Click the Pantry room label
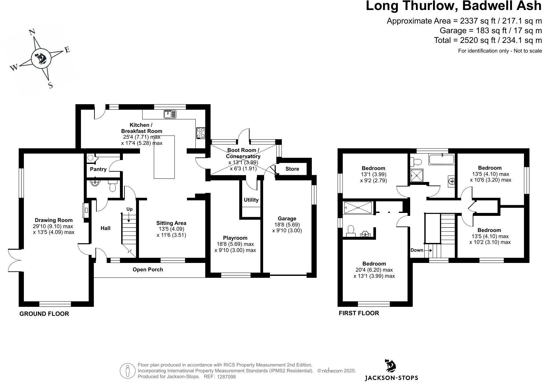(98, 169)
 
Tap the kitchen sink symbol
(170, 114)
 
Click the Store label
(292, 169)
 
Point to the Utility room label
(251, 200)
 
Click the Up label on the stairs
(129, 209)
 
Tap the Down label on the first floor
(417, 250)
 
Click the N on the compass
(32, 32)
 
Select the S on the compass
(50, 85)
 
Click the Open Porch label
(148, 269)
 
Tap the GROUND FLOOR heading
(44, 314)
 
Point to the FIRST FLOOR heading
(359, 313)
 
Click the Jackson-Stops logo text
(391, 377)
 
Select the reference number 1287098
(226, 377)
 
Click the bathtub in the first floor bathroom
(441, 159)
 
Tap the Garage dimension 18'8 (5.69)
(287, 225)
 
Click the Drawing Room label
(54, 220)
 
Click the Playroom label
(235, 238)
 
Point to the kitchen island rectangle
(164, 157)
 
